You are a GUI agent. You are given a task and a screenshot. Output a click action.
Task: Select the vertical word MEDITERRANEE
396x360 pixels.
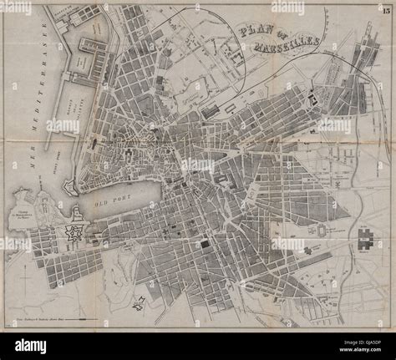coord(34,92)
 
